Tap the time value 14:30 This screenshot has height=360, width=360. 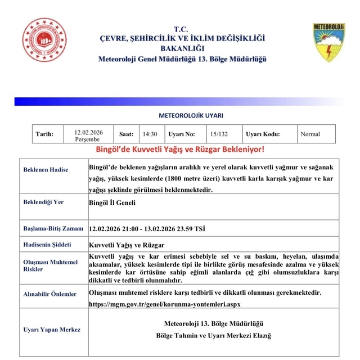coord(150,134)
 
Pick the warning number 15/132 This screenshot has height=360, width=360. coord(219,134)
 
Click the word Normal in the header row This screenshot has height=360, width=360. coord(310,134)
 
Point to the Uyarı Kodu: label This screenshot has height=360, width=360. coord(263,134)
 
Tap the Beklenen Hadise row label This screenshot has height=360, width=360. coord(46,169)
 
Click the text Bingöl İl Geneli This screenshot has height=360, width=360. coord(112,203)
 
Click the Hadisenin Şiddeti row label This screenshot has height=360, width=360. coord(48,245)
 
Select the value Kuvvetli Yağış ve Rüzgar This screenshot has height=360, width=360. coord(127,245)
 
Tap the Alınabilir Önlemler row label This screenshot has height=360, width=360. coord(49,294)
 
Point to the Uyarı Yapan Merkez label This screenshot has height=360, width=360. coord(52,330)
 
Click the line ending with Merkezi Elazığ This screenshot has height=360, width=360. coord(214,336)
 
